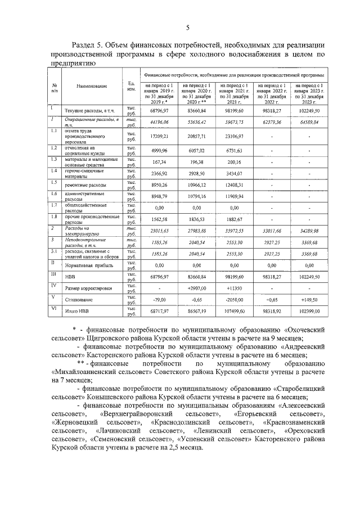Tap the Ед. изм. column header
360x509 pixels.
coord(132,86)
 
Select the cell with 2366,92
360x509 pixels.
coord(157,172)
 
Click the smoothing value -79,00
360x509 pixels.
coord(157,299)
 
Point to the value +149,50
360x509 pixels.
coord(309,299)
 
